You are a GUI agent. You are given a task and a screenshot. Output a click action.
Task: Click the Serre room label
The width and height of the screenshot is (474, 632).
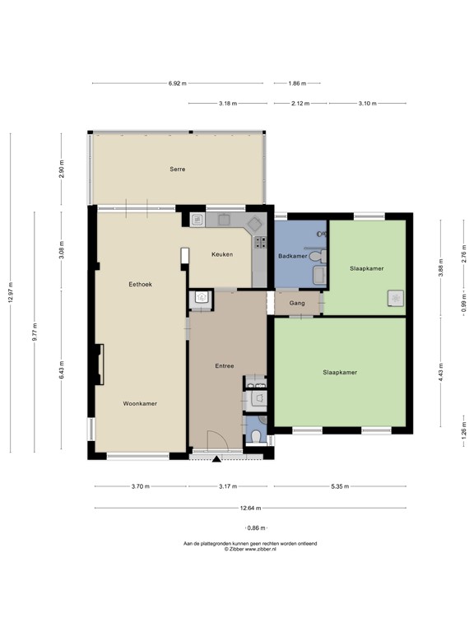pyautogui.click(x=177, y=170)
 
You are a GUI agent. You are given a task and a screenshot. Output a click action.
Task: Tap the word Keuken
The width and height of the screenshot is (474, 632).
pyautogui.click(x=223, y=254)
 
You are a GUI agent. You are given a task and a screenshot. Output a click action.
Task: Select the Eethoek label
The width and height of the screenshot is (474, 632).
pyautogui.click(x=140, y=284)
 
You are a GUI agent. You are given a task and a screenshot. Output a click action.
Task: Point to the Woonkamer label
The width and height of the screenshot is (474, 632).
pyautogui.click(x=140, y=403)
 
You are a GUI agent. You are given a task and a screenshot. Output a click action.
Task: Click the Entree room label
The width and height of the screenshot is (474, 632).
pyautogui.click(x=225, y=366)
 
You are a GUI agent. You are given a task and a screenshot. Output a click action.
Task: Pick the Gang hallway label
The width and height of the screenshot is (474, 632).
pyautogui.click(x=297, y=304)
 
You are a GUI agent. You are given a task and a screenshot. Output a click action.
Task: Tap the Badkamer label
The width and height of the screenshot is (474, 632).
pyautogui.click(x=293, y=257)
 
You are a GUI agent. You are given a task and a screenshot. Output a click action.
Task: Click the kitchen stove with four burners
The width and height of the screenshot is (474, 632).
pyautogui.click(x=261, y=242)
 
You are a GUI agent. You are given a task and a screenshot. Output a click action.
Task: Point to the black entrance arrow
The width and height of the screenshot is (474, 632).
pyautogui.click(x=216, y=458)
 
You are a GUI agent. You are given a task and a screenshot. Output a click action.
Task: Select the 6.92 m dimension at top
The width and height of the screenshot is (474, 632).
pyautogui.click(x=177, y=83)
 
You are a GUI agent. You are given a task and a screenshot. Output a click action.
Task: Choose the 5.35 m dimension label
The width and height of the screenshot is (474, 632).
pyautogui.click(x=340, y=486)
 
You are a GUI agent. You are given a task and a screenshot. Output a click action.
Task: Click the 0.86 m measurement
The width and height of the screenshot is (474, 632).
pyautogui.click(x=254, y=527)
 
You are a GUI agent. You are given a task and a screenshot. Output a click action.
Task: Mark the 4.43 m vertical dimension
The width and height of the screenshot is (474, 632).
pyautogui.click(x=441, y=367)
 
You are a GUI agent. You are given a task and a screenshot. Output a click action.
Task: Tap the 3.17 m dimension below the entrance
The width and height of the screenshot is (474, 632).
pyautogui.click(x=227, y=486)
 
